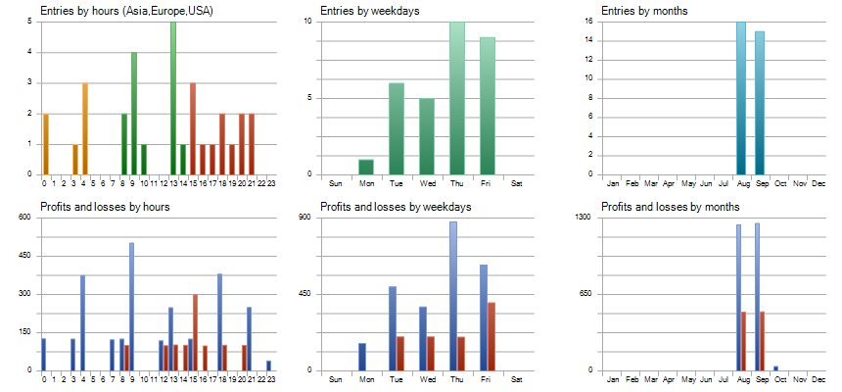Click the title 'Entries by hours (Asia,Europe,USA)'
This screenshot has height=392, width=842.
[x=126, y=11]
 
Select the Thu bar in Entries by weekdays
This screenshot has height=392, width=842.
[x=457, y=98]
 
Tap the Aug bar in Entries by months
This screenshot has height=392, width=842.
[x=741, y=98]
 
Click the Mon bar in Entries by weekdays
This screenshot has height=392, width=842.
[x=366, y=167]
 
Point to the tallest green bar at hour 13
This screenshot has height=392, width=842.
[x=173, y=98]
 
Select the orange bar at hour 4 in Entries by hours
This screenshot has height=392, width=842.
[x=84, y=128]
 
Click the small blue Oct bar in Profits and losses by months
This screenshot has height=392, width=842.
[x=776, y=368]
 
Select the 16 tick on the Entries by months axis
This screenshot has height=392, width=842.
[x=588, y=21]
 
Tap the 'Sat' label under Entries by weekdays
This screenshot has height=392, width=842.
[x=518, y=183]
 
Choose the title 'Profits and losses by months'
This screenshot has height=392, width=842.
[x=670, y=207]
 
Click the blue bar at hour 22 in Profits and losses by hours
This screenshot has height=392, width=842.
[x=268, y=366]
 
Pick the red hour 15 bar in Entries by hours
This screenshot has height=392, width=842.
[x=193, y=128]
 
